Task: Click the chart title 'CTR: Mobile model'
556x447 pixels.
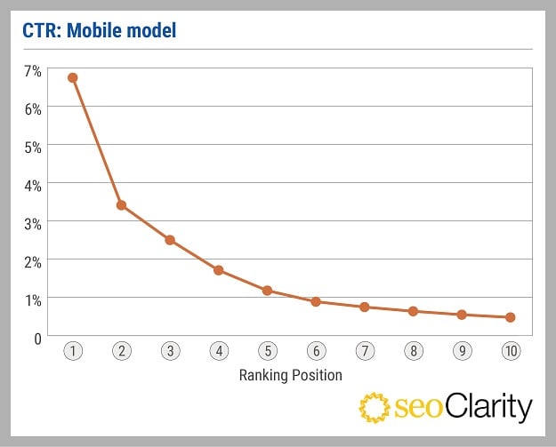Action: [x=100, y=32]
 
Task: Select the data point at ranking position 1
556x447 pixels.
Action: [x=73, y=77]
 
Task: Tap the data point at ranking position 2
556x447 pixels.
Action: [x=121, y=205]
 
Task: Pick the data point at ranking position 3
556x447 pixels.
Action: [x=170, y=240]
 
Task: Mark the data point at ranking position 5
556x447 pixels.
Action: [x=267, y=291]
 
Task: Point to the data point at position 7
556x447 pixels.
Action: [x=365, y=307]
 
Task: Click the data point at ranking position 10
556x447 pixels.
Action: [x=511, y=317]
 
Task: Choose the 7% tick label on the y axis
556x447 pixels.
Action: [x=32, y=69]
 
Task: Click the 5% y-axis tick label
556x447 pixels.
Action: [x=32, y=147]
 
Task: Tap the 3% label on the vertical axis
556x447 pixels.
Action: [x=32, y=223]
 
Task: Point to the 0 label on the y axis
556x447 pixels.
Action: [x=37, y=338]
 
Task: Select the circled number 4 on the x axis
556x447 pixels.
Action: [x=219, y=351]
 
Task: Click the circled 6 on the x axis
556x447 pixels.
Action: [x=316, y=351]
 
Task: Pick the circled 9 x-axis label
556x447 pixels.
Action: [x=462, y=351]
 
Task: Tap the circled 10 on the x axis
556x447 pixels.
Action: [x=511, y=351]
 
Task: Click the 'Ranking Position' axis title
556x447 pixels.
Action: [x=291, y=375]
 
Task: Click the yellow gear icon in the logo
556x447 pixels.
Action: [x=375, y=407]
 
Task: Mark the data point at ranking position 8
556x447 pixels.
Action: [x=413, y=311]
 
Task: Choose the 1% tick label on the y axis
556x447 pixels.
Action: [x=32, y=299]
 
